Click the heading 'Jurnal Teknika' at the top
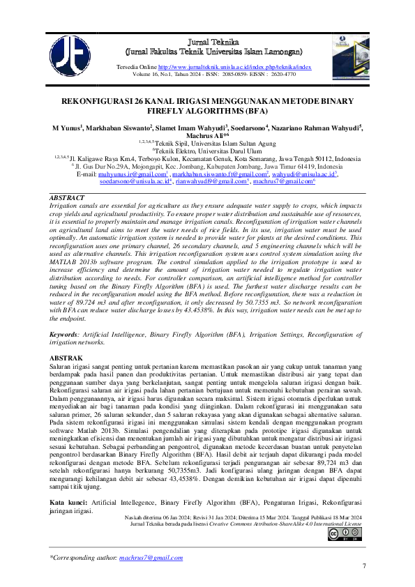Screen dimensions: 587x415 [213, 43]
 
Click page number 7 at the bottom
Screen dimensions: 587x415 [363, 574]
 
